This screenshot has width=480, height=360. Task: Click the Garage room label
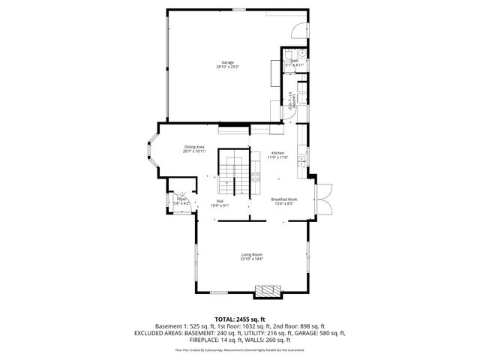tap(227, 61)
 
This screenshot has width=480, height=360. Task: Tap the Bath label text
tap(294, 61)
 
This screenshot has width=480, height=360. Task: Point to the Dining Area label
tap(194, 147)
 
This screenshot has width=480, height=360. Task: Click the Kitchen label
tap(278, 153)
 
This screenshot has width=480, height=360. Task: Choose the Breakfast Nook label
tap(284, 199)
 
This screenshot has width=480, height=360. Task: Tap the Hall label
tap(220, 201)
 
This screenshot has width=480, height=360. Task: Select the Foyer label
tap(181, 199)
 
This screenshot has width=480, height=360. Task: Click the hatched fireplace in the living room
tap(266, 290)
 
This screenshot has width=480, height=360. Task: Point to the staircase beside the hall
tap(232, 173)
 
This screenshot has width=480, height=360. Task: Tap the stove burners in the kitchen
tap(256, 178)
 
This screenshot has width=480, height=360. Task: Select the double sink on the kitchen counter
tap(301, 158)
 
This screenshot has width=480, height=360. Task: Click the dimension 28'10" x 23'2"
tap(227, 67)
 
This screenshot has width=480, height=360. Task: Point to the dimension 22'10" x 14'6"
tap(251, 260)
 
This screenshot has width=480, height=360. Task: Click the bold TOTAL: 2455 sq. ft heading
tap(239, 319)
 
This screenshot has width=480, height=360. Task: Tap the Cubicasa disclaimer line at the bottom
tap(239, 349)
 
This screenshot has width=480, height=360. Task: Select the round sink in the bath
tap(298, 53)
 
